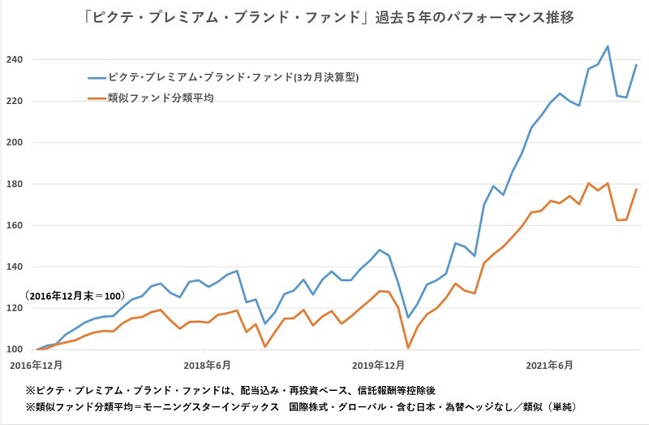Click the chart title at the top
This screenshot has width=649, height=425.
tap(324, 17)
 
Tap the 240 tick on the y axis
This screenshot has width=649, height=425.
tap(15, 60)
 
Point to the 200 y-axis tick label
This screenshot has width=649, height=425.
tap(15, 143)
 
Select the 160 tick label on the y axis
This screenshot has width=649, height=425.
tap(15, 226)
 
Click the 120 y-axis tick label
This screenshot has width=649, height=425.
tap(15, 309)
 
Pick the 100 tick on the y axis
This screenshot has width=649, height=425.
tap(15, 350)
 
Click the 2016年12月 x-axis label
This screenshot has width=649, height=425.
tap(37, 365)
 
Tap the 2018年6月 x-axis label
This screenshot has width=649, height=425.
tap(206, 365)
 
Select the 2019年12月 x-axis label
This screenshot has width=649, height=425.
tap(378, 365)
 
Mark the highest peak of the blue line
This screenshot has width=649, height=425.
tap(608, 46)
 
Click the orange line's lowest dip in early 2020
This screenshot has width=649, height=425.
tap(408, 348)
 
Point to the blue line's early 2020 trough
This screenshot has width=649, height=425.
tap(408, 318)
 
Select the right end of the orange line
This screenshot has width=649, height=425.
tap(636, 189)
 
